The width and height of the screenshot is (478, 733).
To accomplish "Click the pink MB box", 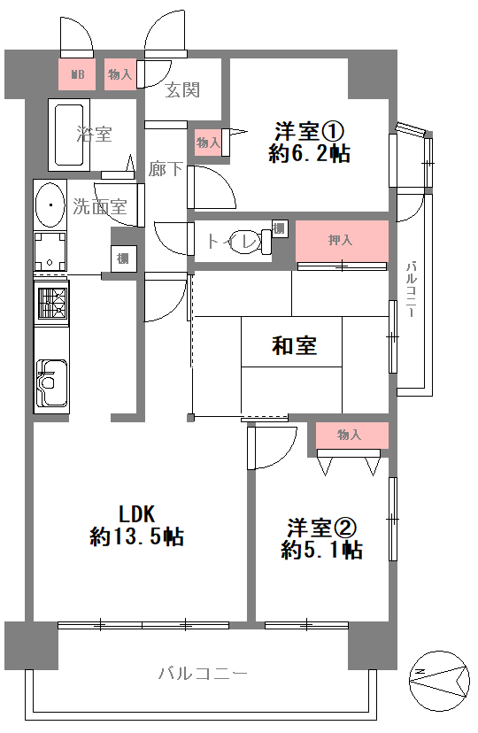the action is (x=77, y=73).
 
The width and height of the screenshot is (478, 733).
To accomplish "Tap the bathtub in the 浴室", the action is (x=69, y=135).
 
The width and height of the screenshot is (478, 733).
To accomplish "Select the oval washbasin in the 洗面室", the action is (x=50, y=204).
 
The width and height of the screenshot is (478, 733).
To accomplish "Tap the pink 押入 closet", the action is (x=342, y=241).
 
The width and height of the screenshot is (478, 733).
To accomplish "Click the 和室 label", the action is (x=294, y=346).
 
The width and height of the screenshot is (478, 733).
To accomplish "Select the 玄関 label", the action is (x=182, y=89).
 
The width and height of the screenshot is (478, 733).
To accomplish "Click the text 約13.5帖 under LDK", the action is (x=136, y=536).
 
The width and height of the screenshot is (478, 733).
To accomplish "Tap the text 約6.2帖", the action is (x=309, y=153).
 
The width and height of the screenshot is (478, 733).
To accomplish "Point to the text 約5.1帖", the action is (x=322, y=550).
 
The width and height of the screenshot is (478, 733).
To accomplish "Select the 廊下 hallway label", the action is (x=166, y=169).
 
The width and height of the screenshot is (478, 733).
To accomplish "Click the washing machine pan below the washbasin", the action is (x=50, y=251).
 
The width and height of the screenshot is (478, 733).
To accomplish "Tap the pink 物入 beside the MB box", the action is (x=120, y=73).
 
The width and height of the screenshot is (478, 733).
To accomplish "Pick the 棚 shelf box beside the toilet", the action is (x=280, y=229).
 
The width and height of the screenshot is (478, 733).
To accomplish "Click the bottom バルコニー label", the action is (x=203, y=674).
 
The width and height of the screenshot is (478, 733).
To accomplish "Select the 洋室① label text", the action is (x=309, y=131).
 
